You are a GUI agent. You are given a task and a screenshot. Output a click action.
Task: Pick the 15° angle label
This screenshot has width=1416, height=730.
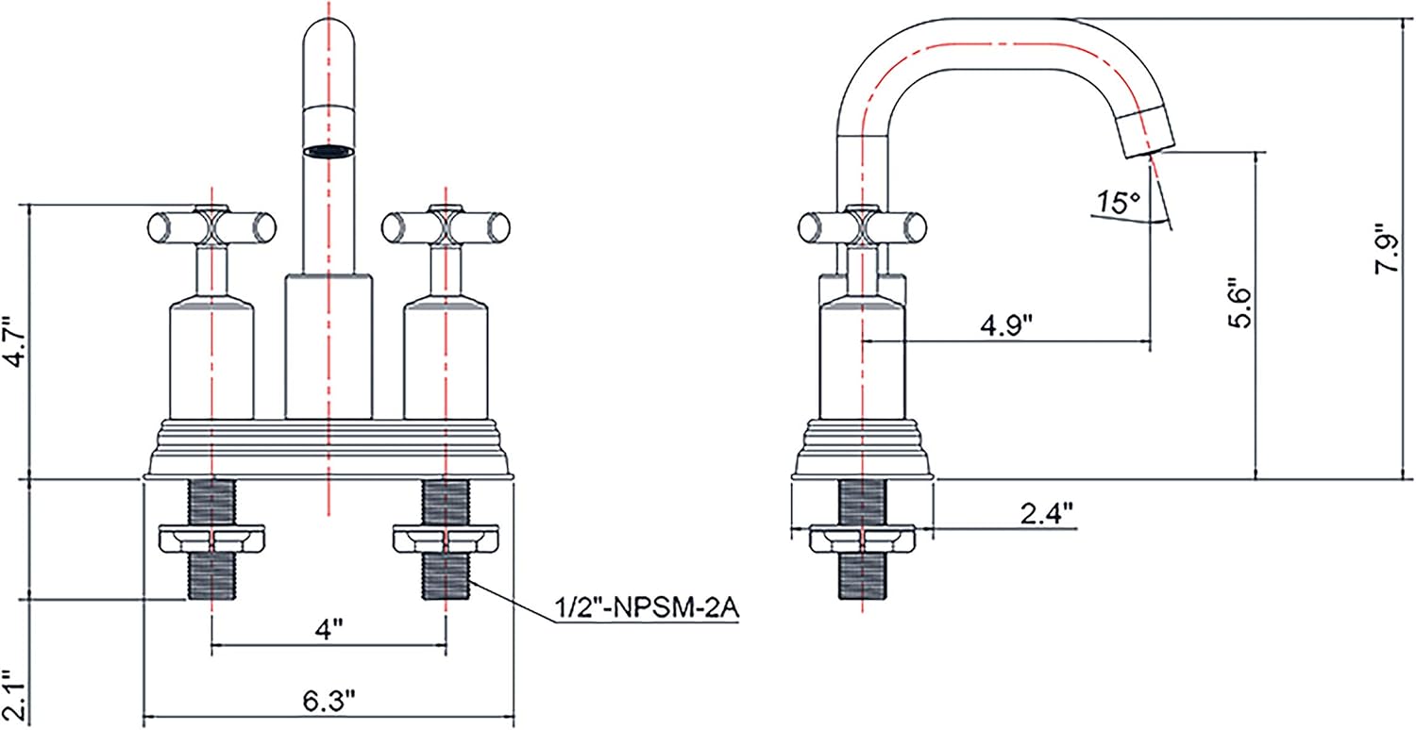(x=1118, y=203)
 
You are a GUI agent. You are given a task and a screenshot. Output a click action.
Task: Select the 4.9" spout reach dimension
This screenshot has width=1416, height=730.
(x=1005, y=325)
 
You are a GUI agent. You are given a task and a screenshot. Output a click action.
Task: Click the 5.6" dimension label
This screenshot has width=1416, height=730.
(x=1239, y=302)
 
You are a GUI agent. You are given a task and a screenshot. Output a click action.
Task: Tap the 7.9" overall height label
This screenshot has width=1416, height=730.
(x=1385, y=250)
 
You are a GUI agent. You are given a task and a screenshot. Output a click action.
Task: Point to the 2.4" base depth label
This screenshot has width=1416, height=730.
(x=1047, y=514)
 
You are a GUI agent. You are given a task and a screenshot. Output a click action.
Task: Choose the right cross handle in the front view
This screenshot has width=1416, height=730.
(x=446, y=226)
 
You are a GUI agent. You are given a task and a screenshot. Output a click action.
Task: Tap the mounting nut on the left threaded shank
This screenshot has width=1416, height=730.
(x=211, y=539)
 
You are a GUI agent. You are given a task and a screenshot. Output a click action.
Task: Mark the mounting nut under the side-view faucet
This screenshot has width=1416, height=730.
(x=863, y=539)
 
